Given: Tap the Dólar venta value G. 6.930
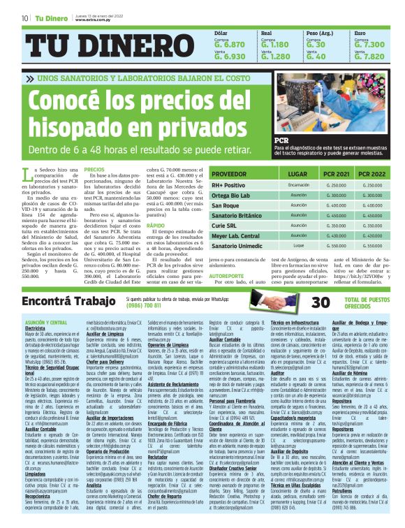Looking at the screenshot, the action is (230, 57).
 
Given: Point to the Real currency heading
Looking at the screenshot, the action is (266, 33).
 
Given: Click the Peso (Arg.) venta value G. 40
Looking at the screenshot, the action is (318, 57).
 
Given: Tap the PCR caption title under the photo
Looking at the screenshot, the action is (281, 141).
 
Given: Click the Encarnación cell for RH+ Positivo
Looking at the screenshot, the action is (298, 185).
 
